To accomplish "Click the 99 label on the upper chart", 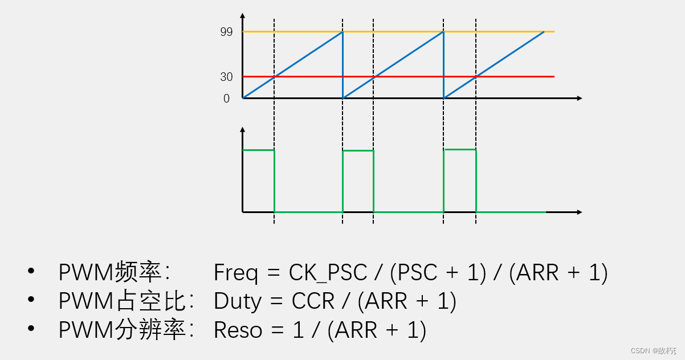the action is [226, 32].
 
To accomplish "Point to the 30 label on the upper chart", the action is [226, 77].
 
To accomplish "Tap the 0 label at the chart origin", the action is [226, 99].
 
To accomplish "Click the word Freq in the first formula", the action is [235, 273].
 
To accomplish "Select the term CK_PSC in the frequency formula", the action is [328, 273].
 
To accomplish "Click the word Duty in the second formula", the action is [237, 301].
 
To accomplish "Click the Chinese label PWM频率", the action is [110, 273].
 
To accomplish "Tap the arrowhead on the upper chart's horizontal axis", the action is [579, 99].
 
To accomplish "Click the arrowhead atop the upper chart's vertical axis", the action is [243, 15].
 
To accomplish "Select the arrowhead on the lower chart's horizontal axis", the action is [579, 212].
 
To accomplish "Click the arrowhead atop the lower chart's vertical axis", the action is [243, 129].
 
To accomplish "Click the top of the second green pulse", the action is [358, 150].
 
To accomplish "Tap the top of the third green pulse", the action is [459, 149].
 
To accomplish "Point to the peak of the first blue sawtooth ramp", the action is [342, 32].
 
